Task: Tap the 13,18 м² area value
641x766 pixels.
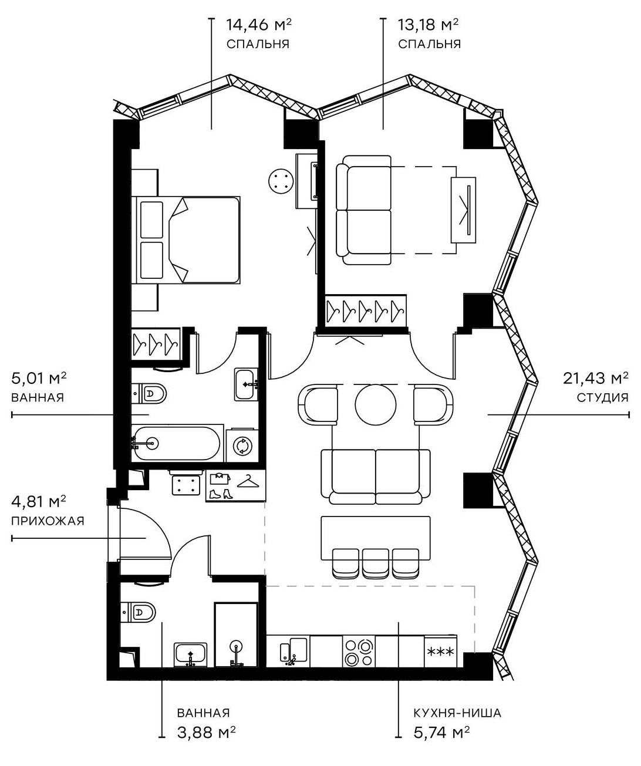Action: click(x=429, y=25)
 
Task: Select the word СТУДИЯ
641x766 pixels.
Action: click(x=602, y=397)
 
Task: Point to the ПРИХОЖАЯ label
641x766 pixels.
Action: click(x=48, y=521)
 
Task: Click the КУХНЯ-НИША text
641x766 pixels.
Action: click(x=457, y=713)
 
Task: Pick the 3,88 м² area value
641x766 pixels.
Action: click(x=207, y=732)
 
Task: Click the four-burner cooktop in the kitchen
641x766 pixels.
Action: click(x=359, y=652)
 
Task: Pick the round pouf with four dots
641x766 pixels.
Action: click(x=280, y=180)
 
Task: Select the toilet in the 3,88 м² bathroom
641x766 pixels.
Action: click(x=139, y=613)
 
